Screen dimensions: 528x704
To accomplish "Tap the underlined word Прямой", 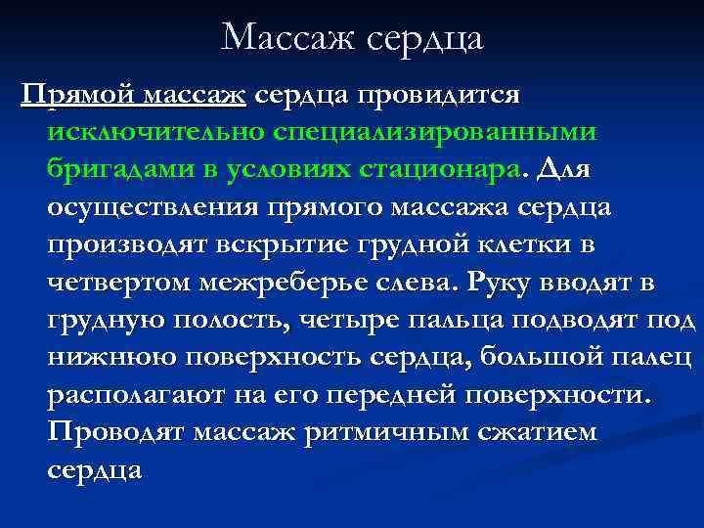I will pyautogui.click(x=79, y=96).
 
